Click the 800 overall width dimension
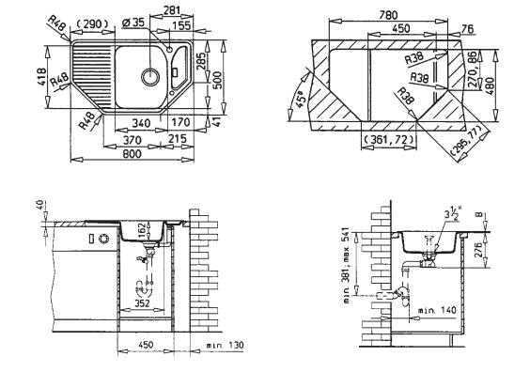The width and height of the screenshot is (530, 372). coord(132,154)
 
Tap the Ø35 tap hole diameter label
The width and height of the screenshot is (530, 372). coord(132,23)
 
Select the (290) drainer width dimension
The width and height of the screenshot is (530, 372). coord(92,24)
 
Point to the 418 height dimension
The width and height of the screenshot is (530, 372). coord(41,77)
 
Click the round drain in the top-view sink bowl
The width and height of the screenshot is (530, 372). coord(150,77)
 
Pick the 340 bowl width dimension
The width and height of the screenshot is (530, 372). coord(140,122)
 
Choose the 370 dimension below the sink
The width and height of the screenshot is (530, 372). coord(132,139)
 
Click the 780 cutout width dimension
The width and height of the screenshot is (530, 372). coord(388,15)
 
